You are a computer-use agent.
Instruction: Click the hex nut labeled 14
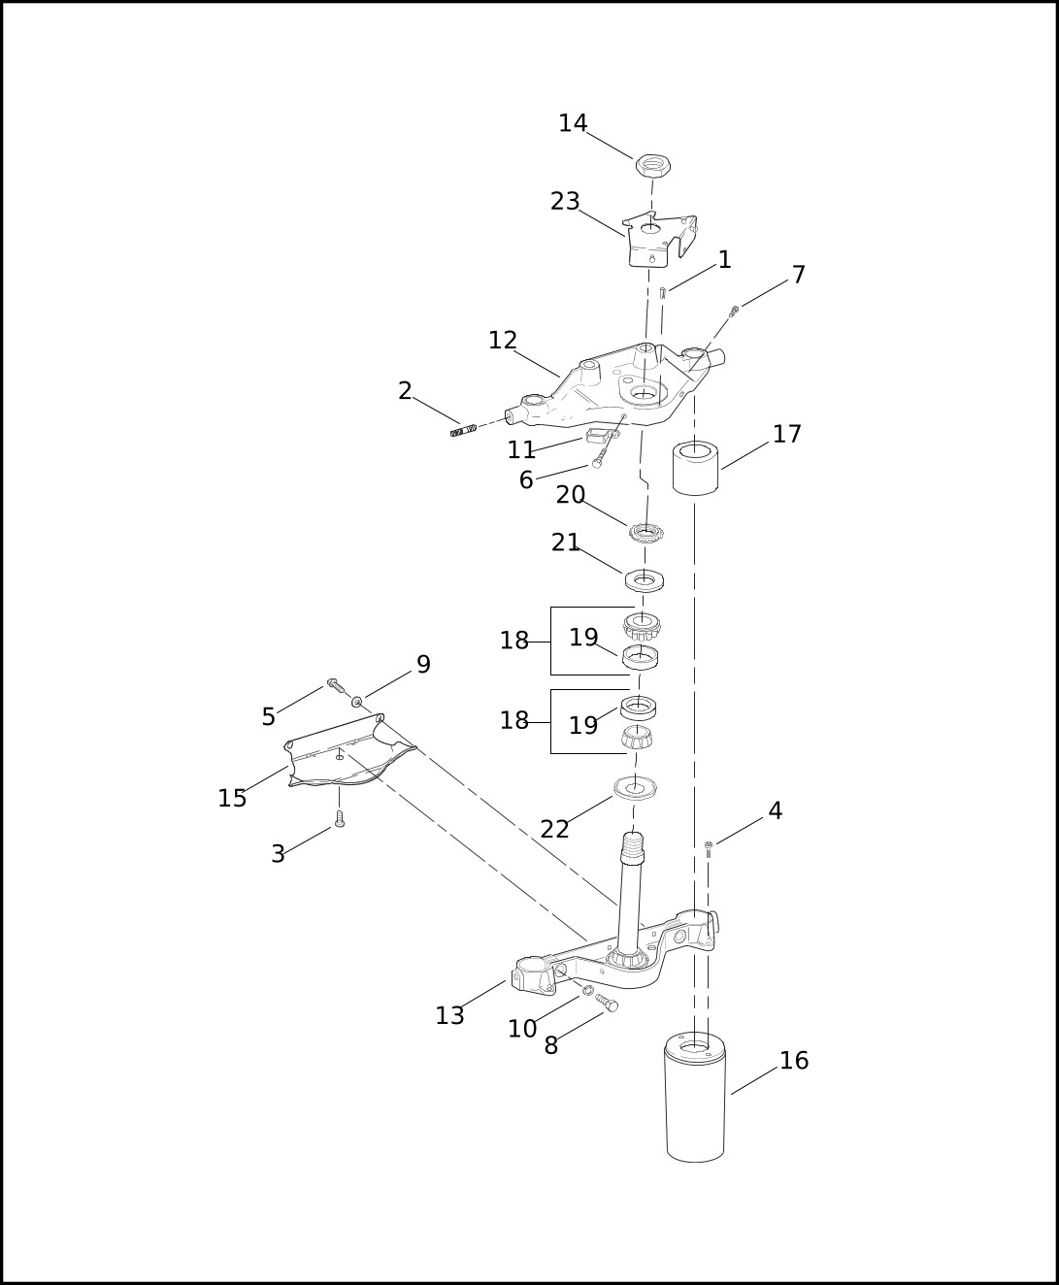[x=652, y=166]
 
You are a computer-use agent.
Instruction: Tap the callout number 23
[x=565, y=201]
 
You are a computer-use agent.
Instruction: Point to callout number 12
[x=503, y=341]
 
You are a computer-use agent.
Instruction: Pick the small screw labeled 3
[x=340, y=818]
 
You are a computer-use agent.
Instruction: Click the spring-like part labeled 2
[x=464, y=430]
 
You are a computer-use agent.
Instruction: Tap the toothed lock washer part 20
[x=646, y=532]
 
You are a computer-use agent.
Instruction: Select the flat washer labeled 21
[x=644, y=580]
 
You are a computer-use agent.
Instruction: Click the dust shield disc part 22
[x=635, y=788]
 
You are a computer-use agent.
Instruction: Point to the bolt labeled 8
[x=607, y=1004]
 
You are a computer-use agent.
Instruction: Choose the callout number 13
[x=450, y=1016]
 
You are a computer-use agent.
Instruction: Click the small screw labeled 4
[x=709, y=850]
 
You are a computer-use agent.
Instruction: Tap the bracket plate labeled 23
[x=659, y=240]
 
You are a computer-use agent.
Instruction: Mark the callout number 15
[x=232, y=799]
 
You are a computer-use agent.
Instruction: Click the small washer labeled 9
[x=356, y=701]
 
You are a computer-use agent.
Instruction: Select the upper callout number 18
[x=514, y=642]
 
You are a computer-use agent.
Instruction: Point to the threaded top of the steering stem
[x=633, y=847]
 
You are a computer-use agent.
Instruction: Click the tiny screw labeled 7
[x=734, y=312]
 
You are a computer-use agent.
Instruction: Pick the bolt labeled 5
[x=336, y=685]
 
